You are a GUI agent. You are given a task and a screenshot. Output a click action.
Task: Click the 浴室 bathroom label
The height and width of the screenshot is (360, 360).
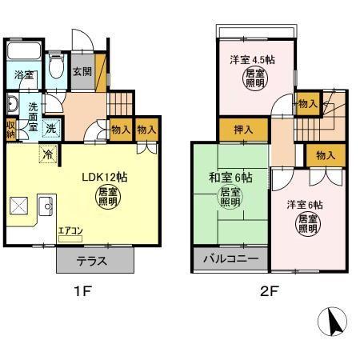tap(23, 75)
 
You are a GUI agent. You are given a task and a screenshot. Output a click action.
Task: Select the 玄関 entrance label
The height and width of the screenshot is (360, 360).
tap(82, 72)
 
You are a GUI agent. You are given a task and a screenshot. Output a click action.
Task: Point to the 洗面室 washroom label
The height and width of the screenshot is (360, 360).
tap(34, 116)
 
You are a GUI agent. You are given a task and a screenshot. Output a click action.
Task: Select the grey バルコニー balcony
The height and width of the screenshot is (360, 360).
tap(230, 260)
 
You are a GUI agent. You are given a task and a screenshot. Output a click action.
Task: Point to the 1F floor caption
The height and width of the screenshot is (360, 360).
tap(84, 290)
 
